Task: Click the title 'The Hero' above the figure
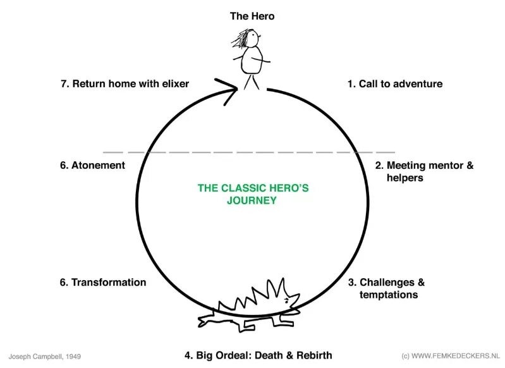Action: point(252,16)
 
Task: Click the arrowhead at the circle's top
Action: point(229,89)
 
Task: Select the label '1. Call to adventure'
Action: point(394,83)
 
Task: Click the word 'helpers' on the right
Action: point(405,178)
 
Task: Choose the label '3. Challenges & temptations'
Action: point(386,288)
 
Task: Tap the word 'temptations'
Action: point(389,295)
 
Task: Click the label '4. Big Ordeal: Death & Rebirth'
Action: point(258,355)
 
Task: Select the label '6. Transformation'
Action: point(103,282)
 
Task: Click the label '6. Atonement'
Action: point(92,165)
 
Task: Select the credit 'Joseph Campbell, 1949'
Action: point(45,357)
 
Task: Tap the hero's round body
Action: point(252,61)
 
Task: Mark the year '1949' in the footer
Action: point(71,357)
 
